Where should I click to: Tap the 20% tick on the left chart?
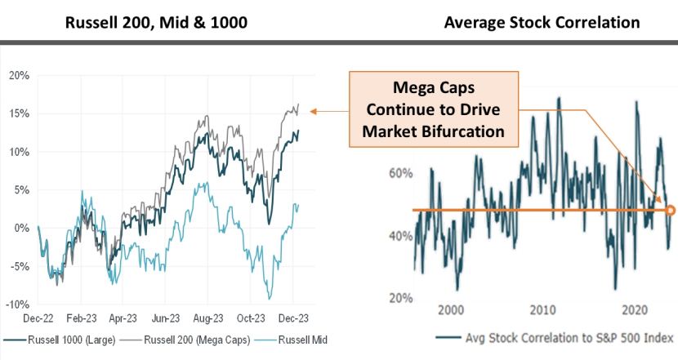[20, 75]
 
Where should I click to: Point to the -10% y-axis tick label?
[18, 304]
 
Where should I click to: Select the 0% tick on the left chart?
[23, 228]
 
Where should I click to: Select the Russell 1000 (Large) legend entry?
[69, 339]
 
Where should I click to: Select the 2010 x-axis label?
[543, 310]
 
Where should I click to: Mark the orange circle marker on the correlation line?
[670, 211]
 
